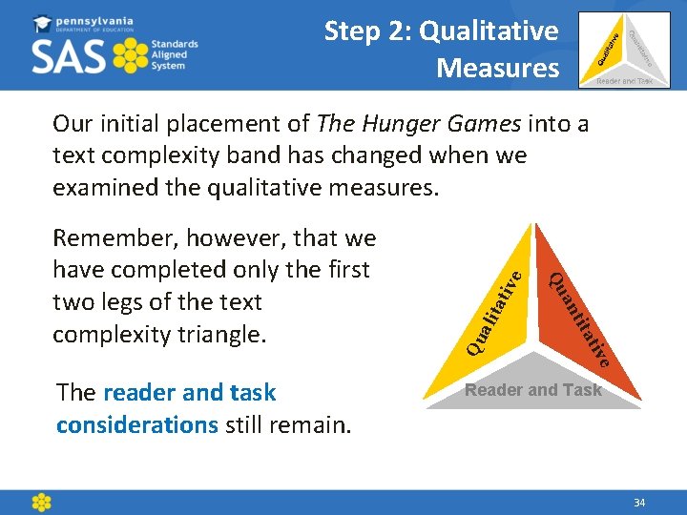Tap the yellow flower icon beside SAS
[131, 56]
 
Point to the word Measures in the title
[497, 69]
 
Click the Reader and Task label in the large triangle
[532, 390]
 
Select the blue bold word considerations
[137, 424]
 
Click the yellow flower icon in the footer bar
[41, 502]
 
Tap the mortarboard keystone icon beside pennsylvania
[43, 23]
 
